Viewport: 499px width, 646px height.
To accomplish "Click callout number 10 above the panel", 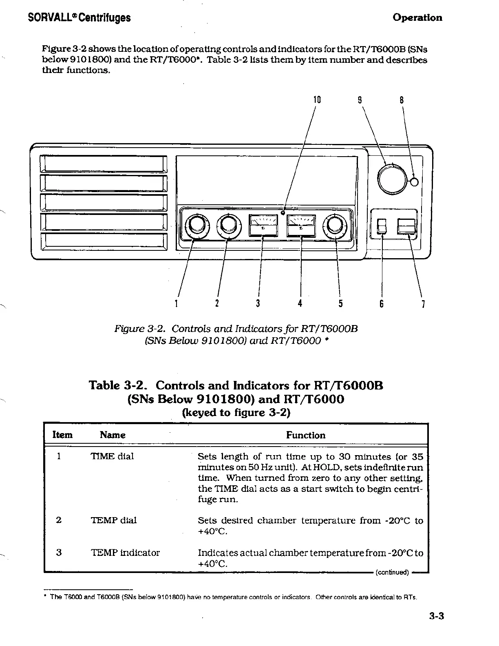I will click(x=317, y=100).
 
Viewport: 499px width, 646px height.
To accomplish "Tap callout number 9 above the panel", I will click(x=360, y=100).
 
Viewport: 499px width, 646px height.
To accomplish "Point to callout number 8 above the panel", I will click(x=402, y=100).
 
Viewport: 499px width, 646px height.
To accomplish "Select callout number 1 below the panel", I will click(x=176, y=303).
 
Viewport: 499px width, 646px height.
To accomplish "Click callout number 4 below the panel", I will click(x=300, y=303).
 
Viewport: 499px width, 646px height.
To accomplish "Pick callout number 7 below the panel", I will click(x=424, y=304).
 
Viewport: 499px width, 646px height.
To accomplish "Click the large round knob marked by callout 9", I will click(x=392, y=179).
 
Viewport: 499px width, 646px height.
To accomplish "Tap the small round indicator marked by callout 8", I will click(x=414, y=182).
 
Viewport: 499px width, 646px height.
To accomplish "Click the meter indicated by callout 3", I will click(x=263, y=225).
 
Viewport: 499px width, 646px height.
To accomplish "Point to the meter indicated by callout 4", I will click(x=301, y=225).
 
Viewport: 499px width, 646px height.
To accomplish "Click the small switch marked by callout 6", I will click(x=382, y=226).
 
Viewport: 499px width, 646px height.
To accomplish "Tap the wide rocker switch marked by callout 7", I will click(x=406, y=226).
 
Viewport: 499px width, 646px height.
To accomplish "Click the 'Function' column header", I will click(x=305, y=435).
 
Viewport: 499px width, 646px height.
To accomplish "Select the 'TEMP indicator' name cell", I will click(x=125, y=553).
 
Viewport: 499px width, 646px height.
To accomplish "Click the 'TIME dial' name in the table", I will click(x=112, y=456).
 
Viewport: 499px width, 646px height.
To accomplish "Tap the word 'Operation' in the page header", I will click(x=417, y=18).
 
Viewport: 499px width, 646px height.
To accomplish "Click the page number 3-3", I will click(x=436, y=616).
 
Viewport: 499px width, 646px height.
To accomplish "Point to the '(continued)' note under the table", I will click(x=392, y=572).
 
